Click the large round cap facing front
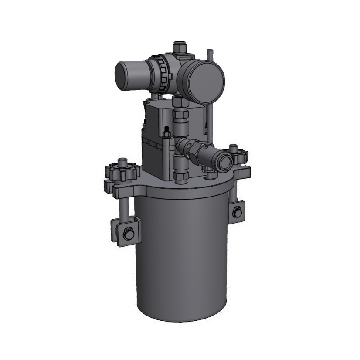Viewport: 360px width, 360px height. point(205,79)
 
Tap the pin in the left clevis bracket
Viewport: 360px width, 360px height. point(129,234)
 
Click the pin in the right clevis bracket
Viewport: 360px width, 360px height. point(237,213)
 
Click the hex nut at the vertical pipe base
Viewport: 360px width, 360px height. point(180,176)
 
